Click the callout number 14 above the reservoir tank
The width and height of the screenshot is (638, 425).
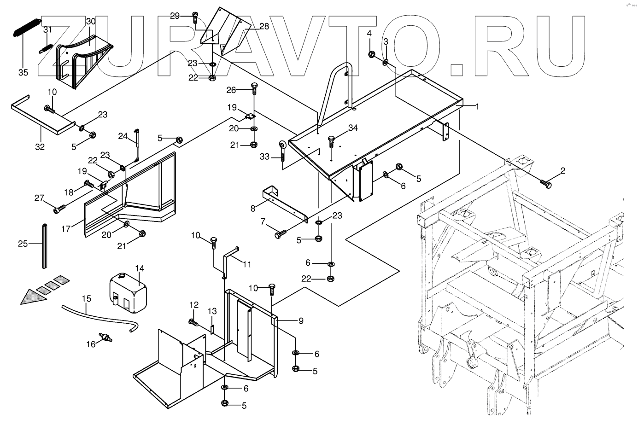click(140, 268)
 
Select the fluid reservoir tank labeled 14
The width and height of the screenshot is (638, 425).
click(128, 293)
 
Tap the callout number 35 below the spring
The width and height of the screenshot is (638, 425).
click(23, 73)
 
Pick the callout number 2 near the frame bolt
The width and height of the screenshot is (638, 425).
click(563, 171)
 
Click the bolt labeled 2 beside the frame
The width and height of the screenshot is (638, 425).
click(545, 184)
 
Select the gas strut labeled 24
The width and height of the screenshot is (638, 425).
click(137, 145)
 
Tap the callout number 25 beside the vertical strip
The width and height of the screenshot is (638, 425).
click(23, 244)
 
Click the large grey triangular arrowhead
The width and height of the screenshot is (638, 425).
click(34, 297)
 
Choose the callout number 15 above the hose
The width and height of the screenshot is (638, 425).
click(87, 299)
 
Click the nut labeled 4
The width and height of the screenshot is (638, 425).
click(371, 54)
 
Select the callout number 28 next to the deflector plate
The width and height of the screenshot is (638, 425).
click(264, 26)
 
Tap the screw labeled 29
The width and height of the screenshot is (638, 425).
click(195, 17)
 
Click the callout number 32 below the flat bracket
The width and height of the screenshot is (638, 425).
click(40, 147)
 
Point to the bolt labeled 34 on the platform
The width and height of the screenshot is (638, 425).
click(330, 141)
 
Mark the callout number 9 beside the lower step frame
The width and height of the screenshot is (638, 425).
click(301, 321)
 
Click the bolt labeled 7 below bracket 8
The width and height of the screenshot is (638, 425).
click(281, 234)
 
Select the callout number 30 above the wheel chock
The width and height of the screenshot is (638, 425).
click(91, 21)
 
